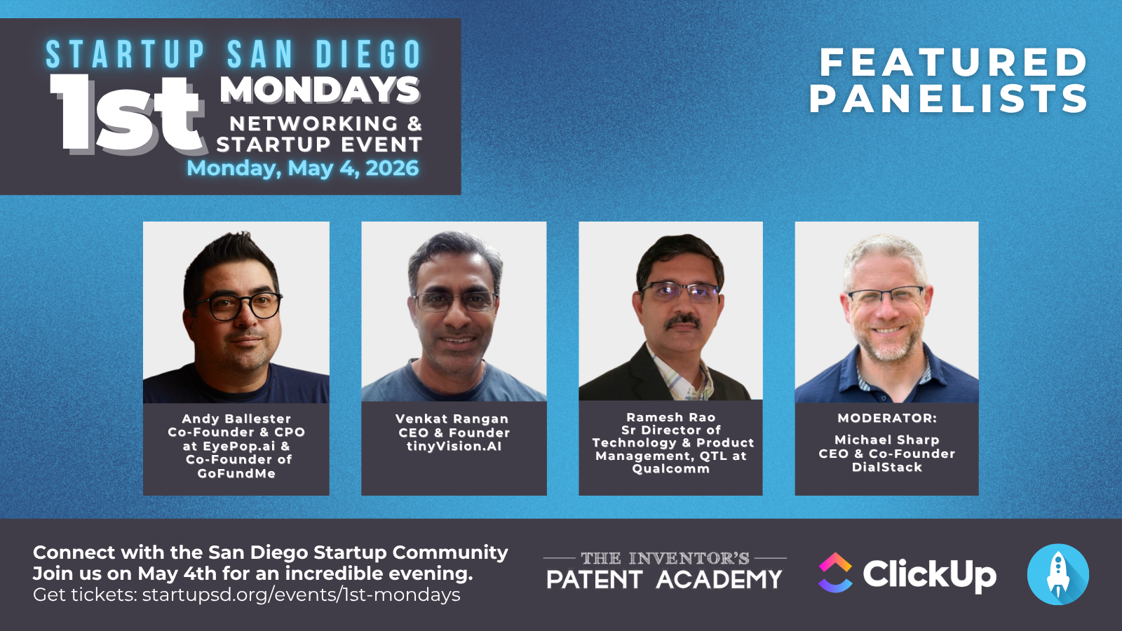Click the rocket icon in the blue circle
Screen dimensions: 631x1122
coord(1058,574)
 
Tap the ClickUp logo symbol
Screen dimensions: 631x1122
coord(835,573)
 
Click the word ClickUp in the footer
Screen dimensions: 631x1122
coord(929,574)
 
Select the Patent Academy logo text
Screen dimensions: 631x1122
coord(664,579)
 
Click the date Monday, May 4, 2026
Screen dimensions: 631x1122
coord(302,168)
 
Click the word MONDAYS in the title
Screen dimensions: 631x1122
coord(320,90)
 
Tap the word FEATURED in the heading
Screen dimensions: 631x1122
coord(954,62)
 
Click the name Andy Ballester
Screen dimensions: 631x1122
coord(236,419)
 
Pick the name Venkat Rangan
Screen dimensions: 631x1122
coord(452,419)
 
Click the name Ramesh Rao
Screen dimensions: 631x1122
coord(671,417)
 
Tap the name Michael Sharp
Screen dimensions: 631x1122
coord(886,440)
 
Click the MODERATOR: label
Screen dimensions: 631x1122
coord(887,418)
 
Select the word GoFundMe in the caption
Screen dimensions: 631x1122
coord(236,473)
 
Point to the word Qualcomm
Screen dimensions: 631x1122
coord(671,468)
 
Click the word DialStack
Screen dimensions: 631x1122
coord(887,467)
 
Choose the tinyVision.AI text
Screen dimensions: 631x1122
coord(454,446)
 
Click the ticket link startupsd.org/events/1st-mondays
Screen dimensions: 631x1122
coord(302,595)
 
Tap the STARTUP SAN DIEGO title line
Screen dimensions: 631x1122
coord(234,55)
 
